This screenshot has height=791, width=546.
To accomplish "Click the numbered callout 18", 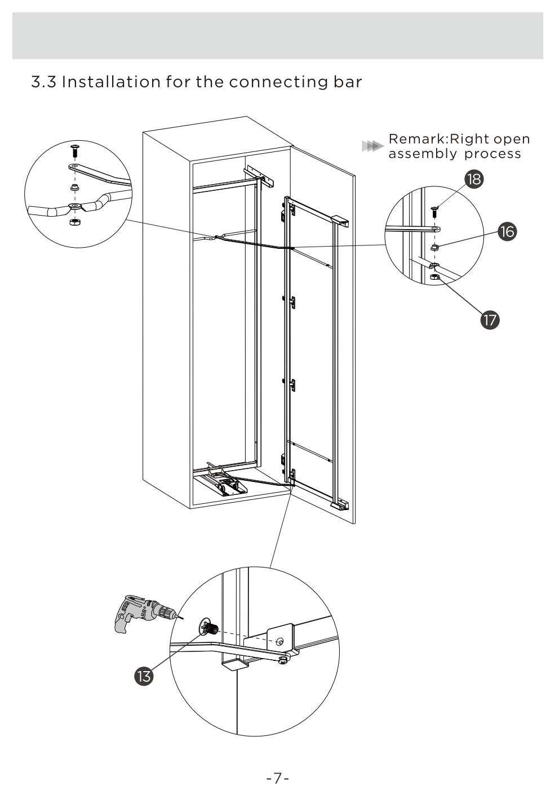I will pos(474,179).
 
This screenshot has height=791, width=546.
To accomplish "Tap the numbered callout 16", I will pos(507,231).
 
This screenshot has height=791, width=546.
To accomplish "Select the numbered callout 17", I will pos(490,320).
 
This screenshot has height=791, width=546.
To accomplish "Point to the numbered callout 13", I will pos(144,676).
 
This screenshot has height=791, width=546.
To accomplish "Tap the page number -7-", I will pos(277,778).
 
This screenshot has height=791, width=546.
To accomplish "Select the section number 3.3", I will pos(43,82).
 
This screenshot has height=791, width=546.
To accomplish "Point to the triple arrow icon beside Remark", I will pos(370,146).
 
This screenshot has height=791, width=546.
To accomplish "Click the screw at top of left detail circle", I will pos(74,150).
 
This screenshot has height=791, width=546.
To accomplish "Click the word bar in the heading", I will pos(347,82).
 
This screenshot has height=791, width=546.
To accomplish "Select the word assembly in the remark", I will pos(422,154).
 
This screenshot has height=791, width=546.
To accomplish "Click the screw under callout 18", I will pos(434,212).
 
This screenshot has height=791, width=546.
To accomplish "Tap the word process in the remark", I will pos(492,154).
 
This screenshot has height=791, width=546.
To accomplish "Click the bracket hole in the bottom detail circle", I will pos(280,640).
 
